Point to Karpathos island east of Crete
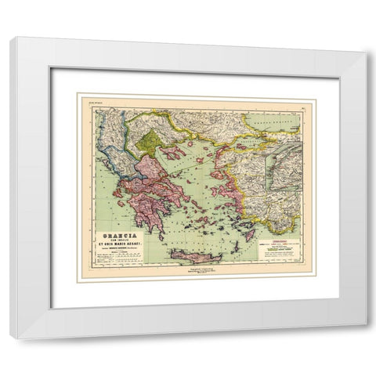235,249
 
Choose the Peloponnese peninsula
146,211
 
